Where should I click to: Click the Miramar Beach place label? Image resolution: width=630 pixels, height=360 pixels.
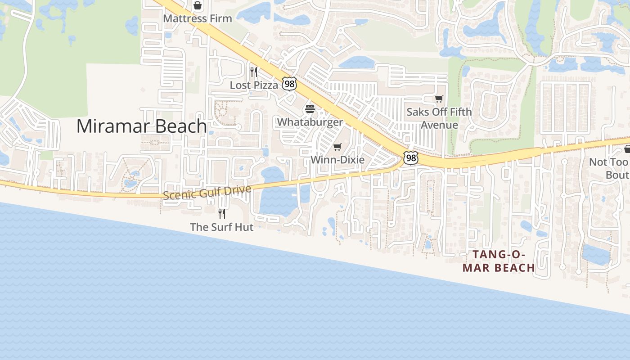[141, 126]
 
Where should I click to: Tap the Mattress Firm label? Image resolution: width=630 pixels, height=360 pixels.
[198, 18]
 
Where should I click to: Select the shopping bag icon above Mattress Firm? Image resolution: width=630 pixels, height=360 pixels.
[197, 6]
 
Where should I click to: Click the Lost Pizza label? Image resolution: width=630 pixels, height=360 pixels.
[254, 85]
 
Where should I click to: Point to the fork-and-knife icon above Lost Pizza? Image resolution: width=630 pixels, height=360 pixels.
[254, 72]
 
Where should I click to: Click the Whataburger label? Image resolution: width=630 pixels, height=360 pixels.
[310, 122]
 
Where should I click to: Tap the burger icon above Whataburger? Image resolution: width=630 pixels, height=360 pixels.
[310, 109]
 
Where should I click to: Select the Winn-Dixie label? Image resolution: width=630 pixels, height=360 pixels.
[337, 160]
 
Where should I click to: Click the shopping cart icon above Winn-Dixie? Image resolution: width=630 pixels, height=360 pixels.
[337, 147]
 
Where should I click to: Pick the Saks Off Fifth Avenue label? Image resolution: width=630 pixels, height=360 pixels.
[439, 118]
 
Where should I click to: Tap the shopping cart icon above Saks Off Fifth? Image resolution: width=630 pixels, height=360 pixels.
[439, 99]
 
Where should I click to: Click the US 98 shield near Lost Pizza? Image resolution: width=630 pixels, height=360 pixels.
[289, 83]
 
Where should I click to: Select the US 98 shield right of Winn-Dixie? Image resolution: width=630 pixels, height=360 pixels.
[410, 158]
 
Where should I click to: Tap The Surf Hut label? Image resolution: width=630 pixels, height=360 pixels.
[221, 227]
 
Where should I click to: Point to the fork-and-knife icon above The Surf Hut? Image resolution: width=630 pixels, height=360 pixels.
[221, 213]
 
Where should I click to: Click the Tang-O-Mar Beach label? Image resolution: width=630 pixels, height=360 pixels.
[499, 261]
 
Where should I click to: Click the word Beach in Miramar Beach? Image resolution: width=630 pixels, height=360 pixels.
[180, 126]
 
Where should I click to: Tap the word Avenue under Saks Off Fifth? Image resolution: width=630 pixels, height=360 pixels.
[439, 125]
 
